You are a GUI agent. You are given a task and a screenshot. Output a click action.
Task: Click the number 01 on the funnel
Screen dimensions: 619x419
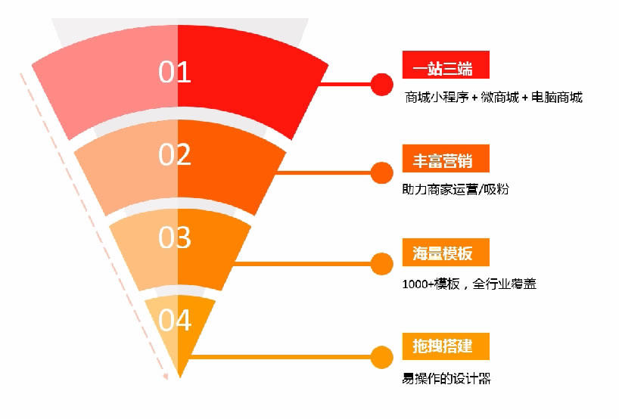[x=175, y=72]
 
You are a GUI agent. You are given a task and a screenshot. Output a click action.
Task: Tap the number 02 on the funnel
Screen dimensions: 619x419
[x=175, y=154]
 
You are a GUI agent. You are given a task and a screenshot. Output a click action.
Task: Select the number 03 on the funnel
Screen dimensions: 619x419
[x=175, y=237]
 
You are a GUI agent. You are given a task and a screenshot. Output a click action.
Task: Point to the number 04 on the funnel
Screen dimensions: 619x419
[x=175, y=320]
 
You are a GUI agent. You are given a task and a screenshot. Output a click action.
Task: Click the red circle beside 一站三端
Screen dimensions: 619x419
[x=381, y=84]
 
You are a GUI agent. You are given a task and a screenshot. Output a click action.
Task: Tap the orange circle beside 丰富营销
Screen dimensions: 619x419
[x=381, y=172]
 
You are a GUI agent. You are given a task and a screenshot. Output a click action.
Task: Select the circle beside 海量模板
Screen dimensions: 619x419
[x=381, y=263]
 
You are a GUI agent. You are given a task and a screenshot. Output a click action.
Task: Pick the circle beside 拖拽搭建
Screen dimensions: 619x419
[x=381, y=357]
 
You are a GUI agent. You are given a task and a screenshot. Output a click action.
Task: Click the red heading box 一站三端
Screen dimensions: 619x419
[x=446, y=65]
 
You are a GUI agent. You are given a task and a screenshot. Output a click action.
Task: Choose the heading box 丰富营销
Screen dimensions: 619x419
[x=446, y=158]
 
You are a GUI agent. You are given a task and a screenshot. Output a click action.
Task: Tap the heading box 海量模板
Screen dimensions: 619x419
[x=446, y=252]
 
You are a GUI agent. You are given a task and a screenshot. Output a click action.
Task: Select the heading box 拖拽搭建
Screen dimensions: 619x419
[x=446, y=346]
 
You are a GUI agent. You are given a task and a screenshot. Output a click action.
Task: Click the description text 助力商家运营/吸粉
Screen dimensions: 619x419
[x=456, y=189]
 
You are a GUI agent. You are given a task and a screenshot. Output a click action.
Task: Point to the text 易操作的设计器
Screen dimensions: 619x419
[x=446, y=378]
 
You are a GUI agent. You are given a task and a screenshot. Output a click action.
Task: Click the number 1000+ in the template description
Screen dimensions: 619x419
[x=418, y=284]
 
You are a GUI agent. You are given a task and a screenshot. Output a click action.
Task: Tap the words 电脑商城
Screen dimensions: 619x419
[x=557, y=97]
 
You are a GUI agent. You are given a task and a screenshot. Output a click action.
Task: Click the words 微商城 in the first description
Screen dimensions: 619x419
[x=499, y=97]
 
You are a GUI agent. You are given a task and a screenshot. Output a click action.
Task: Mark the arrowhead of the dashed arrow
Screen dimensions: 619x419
[x=166, y=376]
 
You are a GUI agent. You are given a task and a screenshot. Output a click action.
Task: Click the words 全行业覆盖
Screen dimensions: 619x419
[x=504, y=284]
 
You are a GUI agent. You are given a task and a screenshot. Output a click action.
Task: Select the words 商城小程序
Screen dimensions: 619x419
[x=437, y=97]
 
